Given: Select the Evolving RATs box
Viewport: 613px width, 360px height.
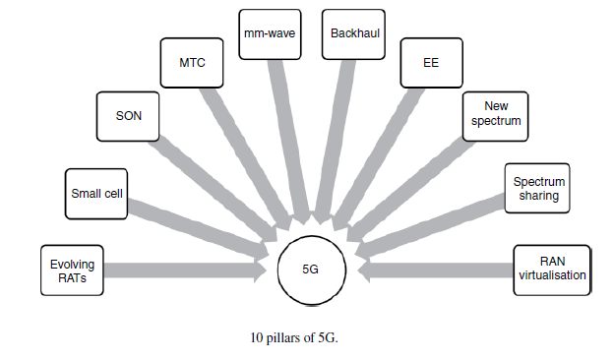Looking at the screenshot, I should pyautogui.click(x=71, y=270).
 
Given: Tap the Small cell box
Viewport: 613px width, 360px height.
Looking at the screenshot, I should pyautogui.click(x=94, y=193).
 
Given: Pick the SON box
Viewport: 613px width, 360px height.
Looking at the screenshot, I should pyautogui.click(x=129, y=115).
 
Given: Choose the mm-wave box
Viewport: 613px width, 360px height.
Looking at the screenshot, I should pyautogui.click(x=270, y=31).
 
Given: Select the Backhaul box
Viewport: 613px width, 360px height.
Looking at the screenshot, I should pyautogui.click(x=352, y=31).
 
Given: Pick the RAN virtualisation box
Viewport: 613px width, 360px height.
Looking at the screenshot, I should pyautogui.click(x=551, y=269).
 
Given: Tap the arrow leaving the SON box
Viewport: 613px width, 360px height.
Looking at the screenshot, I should pyautogui.click(x=212, y=187).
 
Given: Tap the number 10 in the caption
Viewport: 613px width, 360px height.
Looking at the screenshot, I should pyautogui.click(x=258, y=337).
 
